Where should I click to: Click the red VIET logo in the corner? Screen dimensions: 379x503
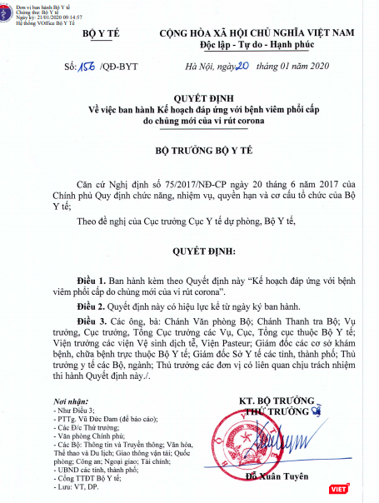[x=362, y=489]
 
